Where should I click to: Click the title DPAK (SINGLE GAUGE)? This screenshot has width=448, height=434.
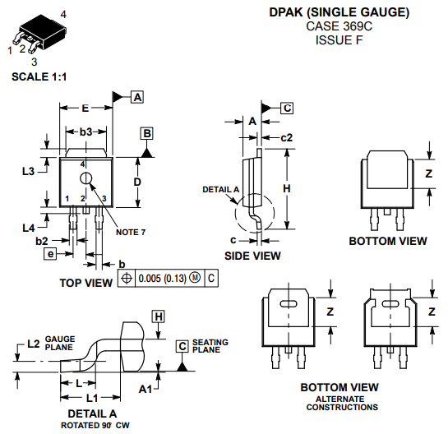(339, 13)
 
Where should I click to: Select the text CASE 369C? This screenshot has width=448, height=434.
(339, 26)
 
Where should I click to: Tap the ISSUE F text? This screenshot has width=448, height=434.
(339, 39)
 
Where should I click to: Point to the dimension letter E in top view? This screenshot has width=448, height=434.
(85, 108)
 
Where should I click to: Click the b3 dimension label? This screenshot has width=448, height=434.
(85, 132)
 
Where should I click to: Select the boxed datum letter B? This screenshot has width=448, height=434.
(146, 132)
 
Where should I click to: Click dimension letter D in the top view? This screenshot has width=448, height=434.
(137, 181)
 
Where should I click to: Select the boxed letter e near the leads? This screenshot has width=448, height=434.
(50, 255)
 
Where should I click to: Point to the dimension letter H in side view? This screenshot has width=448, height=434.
(286, 188)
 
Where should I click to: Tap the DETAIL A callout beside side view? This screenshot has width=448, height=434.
(220, 190)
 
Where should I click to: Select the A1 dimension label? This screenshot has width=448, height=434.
(145, 387)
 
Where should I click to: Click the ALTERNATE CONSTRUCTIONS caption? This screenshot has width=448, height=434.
(339, 404)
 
